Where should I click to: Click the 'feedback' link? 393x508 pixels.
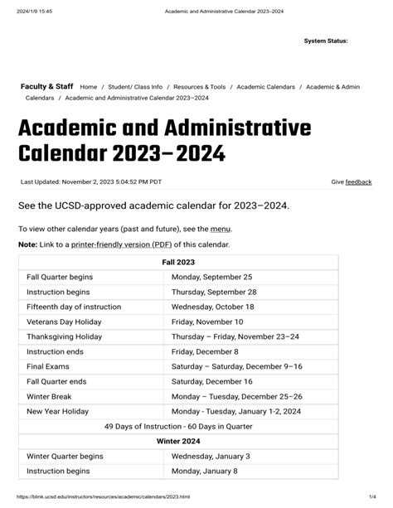(358, 181)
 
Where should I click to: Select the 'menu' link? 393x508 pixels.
(221, 229)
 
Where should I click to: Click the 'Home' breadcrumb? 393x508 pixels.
(88, 85)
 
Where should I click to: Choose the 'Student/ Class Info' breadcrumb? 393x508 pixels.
(135, 85)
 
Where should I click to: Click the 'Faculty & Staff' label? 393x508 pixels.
(46, 85)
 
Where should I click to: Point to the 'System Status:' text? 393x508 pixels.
(326, 41)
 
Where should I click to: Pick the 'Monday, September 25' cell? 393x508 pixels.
(211, 277)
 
